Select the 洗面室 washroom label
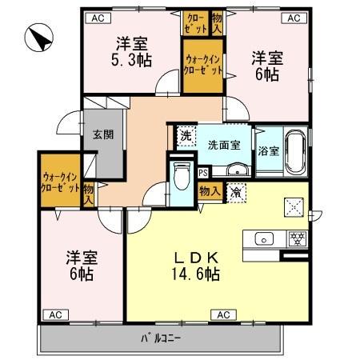coord(223,145)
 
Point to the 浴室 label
coord(268,152)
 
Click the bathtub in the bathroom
coord(295,151)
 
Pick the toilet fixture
coord(181,174)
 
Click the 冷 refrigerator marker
coord(238,192)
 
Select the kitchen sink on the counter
coord(264,238)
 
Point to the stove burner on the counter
coord(297,238)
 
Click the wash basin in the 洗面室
coord(237,170)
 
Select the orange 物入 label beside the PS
coord(210,191)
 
